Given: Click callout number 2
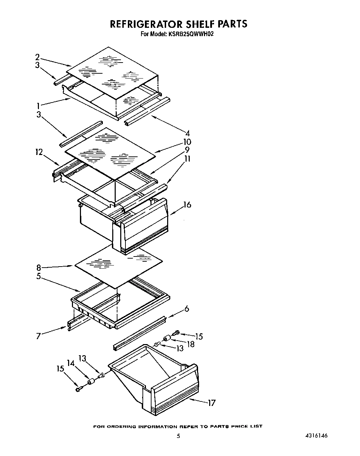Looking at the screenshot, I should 38,57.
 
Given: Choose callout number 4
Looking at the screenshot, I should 187,133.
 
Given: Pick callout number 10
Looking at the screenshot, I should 187,142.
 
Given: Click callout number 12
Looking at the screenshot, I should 39,152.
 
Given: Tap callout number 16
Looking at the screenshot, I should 187,205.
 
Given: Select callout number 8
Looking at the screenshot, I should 39,268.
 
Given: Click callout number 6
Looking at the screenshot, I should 187,309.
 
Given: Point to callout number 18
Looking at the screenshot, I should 191,344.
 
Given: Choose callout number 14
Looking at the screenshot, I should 71,363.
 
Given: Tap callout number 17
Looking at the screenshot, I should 212,403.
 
